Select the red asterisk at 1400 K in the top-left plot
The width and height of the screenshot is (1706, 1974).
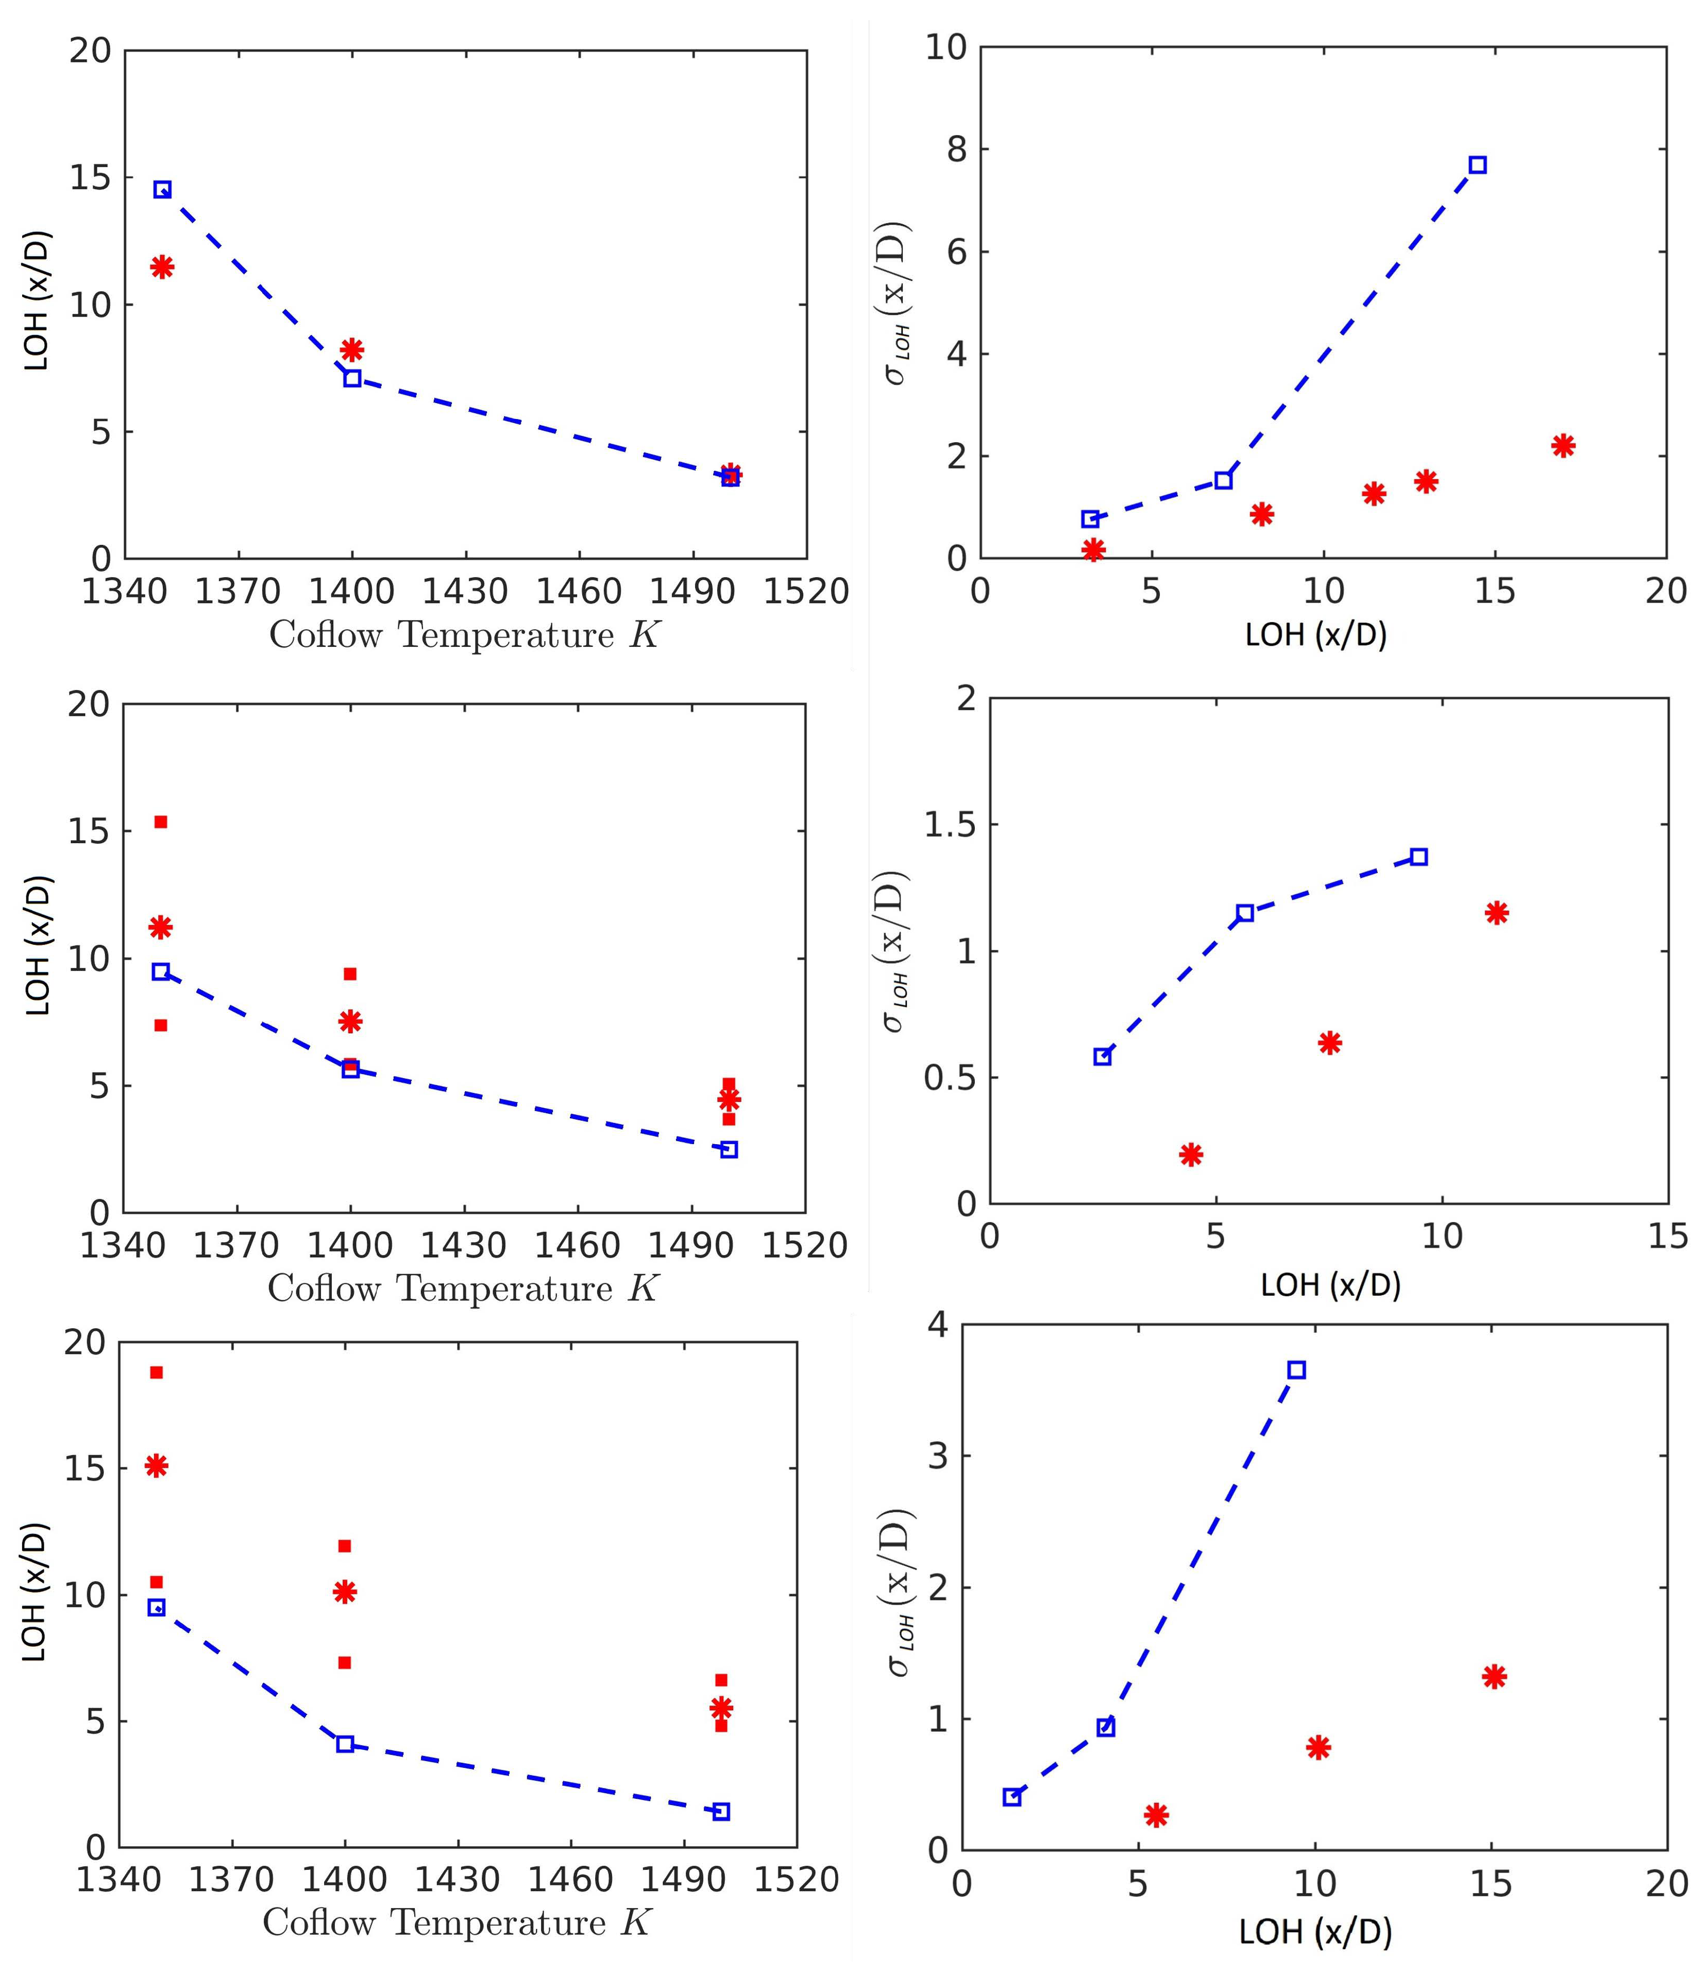tap(351, 349)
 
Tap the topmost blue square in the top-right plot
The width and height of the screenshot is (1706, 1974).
tap(1477, 165)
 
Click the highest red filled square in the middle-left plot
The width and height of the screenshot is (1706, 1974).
tap(161, 821)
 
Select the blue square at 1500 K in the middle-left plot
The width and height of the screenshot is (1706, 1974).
tap(729, 1149)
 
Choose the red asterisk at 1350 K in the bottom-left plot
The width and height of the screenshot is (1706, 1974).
tap(156, 1465)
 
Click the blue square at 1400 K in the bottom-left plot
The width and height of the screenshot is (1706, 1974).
tap(345, 1744)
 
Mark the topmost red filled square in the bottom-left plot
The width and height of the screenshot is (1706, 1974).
tap(156, 1372)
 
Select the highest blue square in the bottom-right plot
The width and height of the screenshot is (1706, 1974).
tap(1296, 1370)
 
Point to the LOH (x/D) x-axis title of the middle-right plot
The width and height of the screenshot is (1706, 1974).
tap(1331, 1285)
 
